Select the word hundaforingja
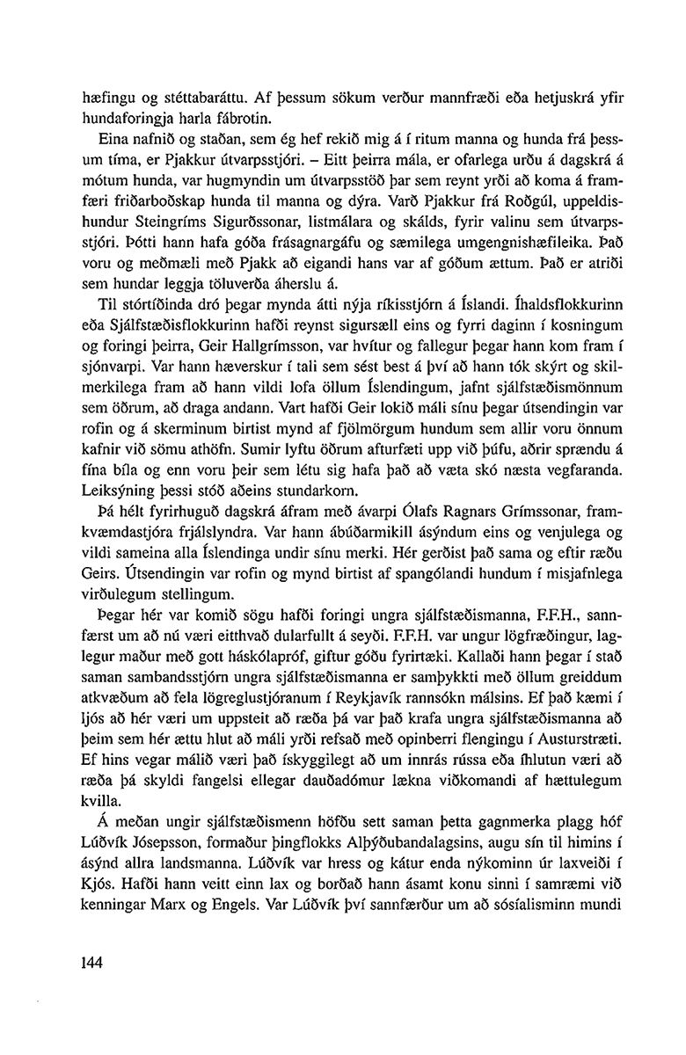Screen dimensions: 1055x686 [115, 117]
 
